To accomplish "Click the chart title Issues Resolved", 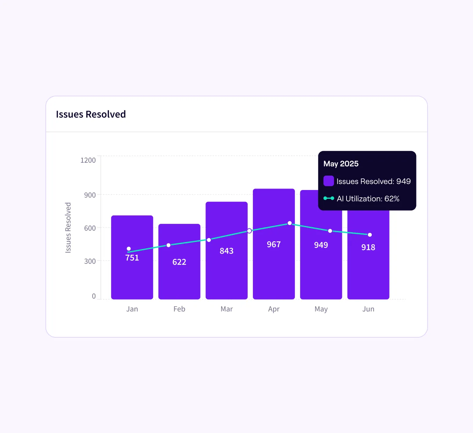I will point(91,114).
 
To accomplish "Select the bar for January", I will point(132,276).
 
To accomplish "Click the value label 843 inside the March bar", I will point(226,251).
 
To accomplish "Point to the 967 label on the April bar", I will point(274,244).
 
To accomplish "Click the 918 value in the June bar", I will point(368,247).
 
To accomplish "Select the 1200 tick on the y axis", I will point(88,160).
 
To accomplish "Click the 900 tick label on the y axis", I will point(90,195).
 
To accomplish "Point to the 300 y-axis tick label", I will point(90,261).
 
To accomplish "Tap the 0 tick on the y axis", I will point(94,296).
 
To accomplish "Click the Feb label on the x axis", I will point(179,309).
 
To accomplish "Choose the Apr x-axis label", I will point(274,309).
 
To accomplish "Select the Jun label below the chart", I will point(368,309).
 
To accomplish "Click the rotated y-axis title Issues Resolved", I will point(68,227).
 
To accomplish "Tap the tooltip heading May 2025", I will point(341,164).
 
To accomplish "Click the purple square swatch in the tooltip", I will point(329,181).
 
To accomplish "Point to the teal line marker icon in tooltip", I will point(329,198).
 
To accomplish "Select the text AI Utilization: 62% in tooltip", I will point(368,199).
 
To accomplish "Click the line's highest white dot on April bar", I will point(290,223).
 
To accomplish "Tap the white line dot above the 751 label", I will point(129,249).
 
